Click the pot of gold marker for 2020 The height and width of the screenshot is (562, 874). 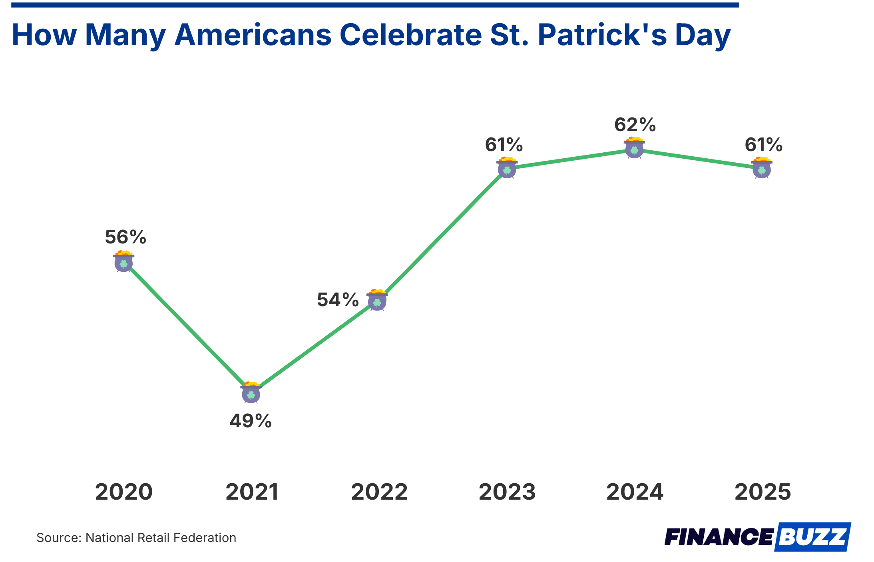coord(123,262)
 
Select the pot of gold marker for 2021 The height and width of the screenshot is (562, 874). coord(251,393)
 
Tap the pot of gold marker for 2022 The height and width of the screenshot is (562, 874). coord(377,301)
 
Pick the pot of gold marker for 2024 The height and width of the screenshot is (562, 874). coord(634,148)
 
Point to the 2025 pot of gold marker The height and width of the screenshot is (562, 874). coord(762,168)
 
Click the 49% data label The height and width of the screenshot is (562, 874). coord(251,421)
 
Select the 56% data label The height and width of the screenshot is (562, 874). coord(125,237)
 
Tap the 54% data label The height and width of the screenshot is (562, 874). coord(338,300)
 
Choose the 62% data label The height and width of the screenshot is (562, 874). coord(635,125)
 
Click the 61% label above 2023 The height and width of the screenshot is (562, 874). coord(504,145)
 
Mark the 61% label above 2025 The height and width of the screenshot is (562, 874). coord(763,145)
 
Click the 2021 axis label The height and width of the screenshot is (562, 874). coord(252,492)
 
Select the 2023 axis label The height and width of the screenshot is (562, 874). coord(507,492)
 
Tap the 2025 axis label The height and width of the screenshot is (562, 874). coord(763,492)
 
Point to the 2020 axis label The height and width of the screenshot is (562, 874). coord(124,492)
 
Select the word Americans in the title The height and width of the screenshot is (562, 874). coord(253,35)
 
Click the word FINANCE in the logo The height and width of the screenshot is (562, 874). coord(719,537)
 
